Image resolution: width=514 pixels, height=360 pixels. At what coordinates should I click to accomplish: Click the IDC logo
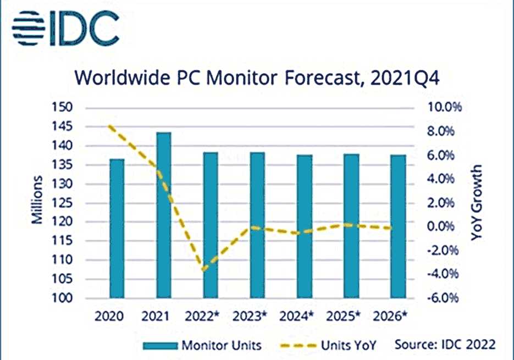65,25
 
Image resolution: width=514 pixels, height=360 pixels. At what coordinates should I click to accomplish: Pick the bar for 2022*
210,225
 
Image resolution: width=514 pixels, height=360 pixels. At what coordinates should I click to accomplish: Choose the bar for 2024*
303,226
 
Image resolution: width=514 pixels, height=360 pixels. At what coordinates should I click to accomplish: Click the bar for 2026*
397,226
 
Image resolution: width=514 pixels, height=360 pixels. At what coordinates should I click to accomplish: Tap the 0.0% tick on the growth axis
438,226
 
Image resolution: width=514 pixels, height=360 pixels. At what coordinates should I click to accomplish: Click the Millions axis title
37,201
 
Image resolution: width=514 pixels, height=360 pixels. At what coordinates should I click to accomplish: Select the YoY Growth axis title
476,202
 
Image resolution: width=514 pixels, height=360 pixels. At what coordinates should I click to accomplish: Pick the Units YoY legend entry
330,345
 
